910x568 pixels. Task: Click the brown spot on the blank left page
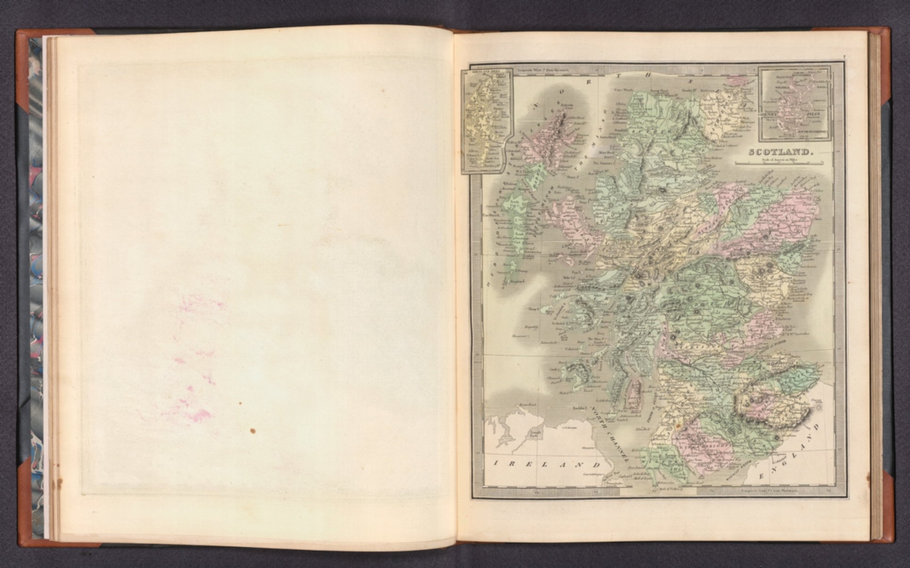coord(253,431)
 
